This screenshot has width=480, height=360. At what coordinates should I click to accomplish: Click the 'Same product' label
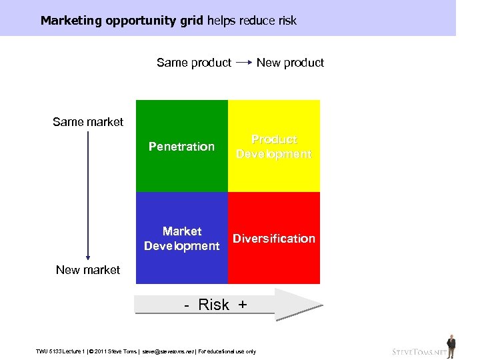coord(194,63)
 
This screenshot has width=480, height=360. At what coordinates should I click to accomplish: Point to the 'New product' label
coord(290,63)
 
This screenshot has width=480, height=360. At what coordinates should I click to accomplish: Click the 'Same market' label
coord(88,122)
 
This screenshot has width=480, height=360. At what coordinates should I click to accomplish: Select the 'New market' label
coord(88,270)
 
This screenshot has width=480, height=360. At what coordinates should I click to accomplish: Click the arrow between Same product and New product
coord(244,63)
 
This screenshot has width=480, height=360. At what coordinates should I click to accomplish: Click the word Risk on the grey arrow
coord(213,305)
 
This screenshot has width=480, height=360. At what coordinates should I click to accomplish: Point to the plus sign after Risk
coord(242,305)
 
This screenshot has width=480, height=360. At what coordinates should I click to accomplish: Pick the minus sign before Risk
coord(187,305)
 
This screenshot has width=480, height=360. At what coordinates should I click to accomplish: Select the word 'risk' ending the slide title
coord(283,21)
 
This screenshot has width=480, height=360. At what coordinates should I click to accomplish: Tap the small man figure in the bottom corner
coord(451,346)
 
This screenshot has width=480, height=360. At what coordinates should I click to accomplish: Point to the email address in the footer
coord(169,351)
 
